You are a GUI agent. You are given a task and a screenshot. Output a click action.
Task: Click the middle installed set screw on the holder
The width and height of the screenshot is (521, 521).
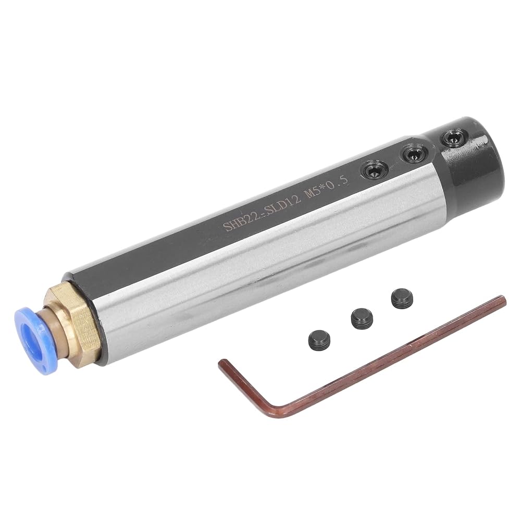coord(414,153)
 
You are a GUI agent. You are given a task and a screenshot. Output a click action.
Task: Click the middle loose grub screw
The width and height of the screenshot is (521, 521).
coord(362,319)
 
